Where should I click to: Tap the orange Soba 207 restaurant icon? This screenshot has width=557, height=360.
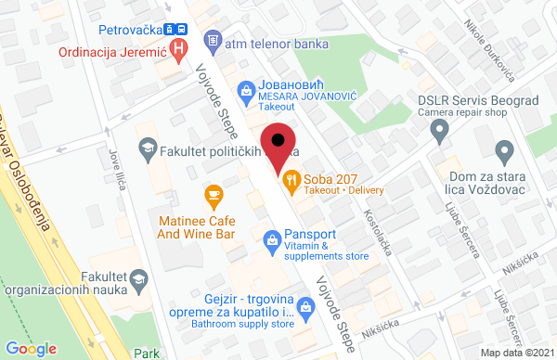[x=291, y=181]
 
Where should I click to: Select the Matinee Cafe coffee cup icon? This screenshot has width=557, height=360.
[x=214, y=195]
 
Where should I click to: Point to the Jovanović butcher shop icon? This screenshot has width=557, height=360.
[x=245, y=89]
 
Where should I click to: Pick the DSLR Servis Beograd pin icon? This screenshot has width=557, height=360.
[x=441, y=135]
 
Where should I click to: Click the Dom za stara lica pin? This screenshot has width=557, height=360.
[x=504, y=149]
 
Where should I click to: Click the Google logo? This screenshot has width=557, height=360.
[x=31, y=348]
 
